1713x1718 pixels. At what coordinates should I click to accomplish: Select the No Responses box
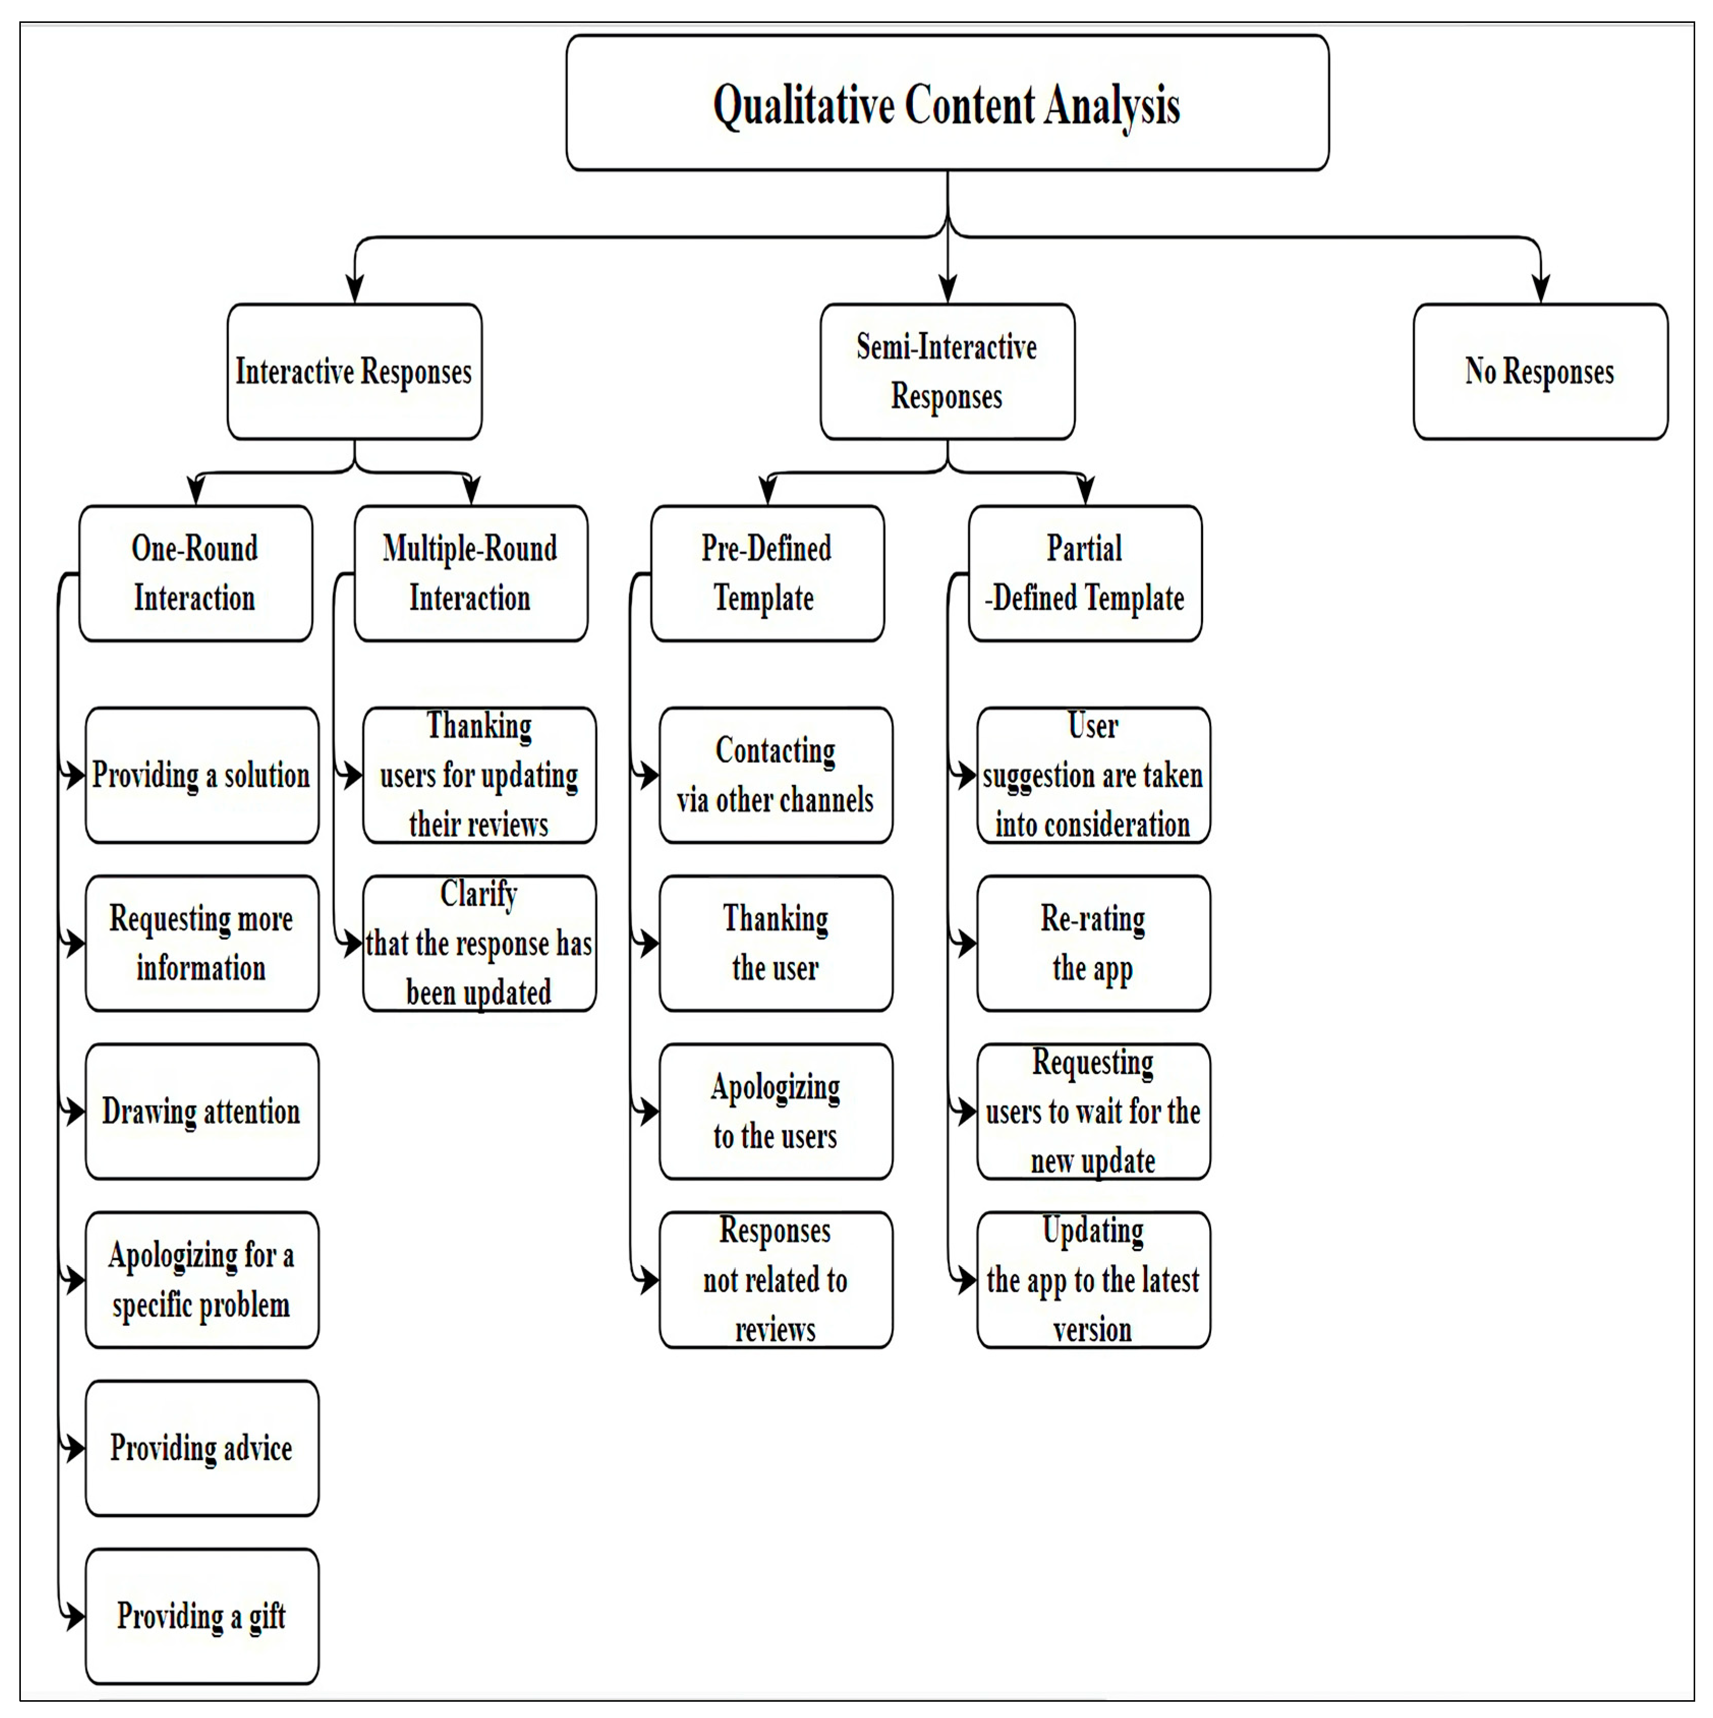tap(1539, 372)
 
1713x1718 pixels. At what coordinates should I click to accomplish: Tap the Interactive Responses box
tap(354, 372)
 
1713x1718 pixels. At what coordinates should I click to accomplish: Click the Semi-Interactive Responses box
tap(947, 372)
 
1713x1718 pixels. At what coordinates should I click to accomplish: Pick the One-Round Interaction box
tap(195, 573)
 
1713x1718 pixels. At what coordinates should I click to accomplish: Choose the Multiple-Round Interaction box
tap(471, 573)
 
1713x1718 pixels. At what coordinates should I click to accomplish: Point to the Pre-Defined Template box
tap(766, 573)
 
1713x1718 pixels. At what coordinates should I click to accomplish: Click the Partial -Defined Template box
tap(1085, 573)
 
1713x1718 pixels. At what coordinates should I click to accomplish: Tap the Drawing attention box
tap(202, 1112)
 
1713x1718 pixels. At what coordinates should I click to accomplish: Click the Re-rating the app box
tap(1093, 944)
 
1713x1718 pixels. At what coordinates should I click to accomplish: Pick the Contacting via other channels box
tap(776, 775)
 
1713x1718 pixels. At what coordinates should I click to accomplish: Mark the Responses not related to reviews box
tap(776, 1280)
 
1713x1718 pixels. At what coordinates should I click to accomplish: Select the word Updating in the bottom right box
tap(1093, 1231)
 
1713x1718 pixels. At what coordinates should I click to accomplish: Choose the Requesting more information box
tap(202, 944)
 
